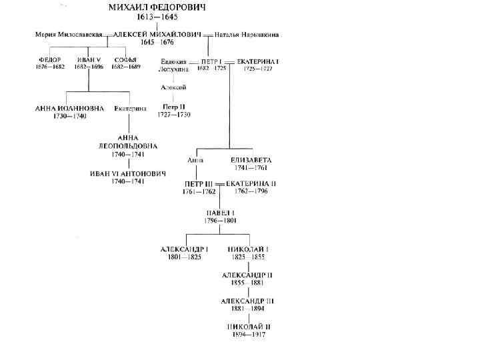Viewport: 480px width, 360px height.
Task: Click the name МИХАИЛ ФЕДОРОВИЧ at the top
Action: pos(158,8)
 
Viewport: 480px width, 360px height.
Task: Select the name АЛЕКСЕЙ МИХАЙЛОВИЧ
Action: pos(157,33)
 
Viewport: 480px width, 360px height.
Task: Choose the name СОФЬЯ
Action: pos(121,60)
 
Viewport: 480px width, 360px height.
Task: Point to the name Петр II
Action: pos(175,107)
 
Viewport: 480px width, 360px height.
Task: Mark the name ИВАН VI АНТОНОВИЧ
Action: pos(128,173)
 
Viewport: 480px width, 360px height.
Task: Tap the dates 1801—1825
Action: pos(184,257)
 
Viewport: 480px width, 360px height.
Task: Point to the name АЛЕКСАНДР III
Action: pos(247,301)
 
